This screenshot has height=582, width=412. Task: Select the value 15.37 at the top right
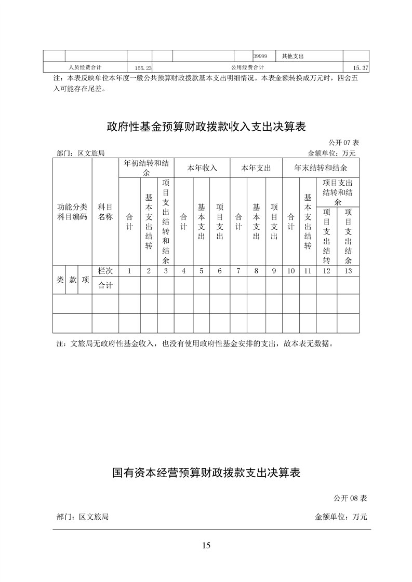tap(361, 68)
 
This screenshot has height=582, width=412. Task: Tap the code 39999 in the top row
tap(260, 56)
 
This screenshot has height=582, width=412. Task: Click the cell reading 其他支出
tap(293, 56)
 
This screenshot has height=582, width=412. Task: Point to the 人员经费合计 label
tap(85, 67)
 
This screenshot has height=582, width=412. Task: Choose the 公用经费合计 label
tap(247, 67)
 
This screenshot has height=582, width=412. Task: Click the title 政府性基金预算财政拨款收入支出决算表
tap(206, 126)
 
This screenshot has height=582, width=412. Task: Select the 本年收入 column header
tap(202, 168)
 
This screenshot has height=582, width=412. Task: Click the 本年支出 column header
tap(256, 168)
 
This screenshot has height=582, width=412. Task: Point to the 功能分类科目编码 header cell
tap(72, 212)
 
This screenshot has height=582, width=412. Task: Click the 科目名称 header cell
tap(105, 212)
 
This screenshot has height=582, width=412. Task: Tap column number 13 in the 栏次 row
tap(348, 271)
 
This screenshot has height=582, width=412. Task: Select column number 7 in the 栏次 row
tap(238, 271)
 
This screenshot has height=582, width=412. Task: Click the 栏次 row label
tap(105, 271)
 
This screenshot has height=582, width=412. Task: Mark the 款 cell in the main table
tap(73, 280)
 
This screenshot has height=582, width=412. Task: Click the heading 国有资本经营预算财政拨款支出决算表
tap(206, 473)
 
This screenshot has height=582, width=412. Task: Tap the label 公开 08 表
tap(351, 498)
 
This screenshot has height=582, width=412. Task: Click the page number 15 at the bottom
tap(206, 545)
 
